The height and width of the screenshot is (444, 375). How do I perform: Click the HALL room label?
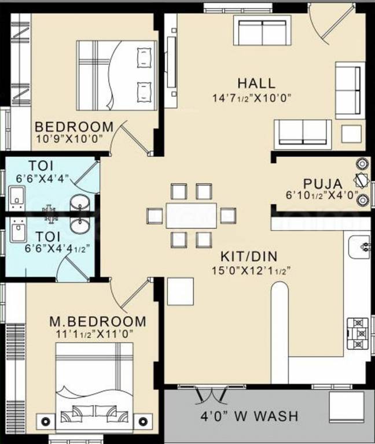pos(256,83)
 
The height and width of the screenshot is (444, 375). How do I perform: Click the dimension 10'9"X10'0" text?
pos(69,139)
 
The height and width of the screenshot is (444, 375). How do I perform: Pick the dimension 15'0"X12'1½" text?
pos(251,270)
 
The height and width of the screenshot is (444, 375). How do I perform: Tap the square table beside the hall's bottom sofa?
pos(351,134)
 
